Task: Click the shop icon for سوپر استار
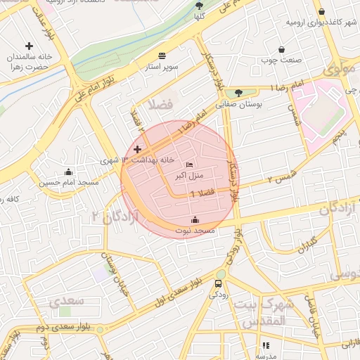click(162, 55)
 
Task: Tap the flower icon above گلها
click(199, 4)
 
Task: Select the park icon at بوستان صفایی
click(238, 92)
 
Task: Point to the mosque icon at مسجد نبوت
click(195, 220)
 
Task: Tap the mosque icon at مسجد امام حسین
click(68, 172)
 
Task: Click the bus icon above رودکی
click(217, 283)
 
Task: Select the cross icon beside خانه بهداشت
click(137, 149)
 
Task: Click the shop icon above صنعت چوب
click(282, 50)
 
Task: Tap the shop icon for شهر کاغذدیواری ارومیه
click(321, 11)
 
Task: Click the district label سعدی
click(66, 302)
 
